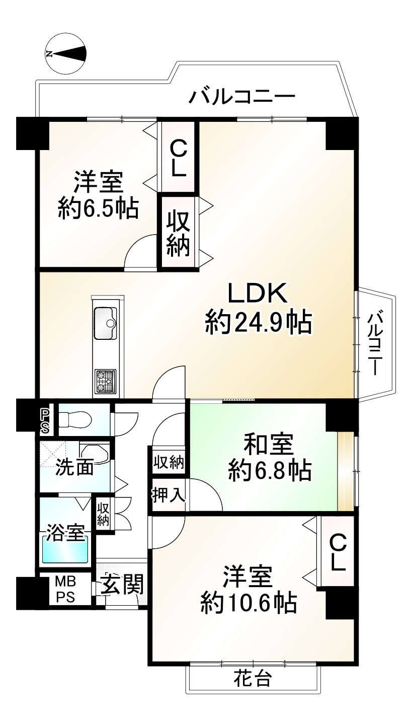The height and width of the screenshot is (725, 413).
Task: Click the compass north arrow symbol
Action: pos(66,53)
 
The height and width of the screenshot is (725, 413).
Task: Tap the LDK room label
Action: pos(258,293)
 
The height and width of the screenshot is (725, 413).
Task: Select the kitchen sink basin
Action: pos(105,323)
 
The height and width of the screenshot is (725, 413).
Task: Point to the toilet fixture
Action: pos(75,418)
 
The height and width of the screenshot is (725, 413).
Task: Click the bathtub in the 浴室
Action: pos(65,550)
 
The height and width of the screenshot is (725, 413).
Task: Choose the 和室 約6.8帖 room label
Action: pos(269,458)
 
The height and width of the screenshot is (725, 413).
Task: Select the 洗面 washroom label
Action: pos(74,468)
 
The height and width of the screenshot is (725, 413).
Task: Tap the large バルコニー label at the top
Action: pos(241,95)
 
